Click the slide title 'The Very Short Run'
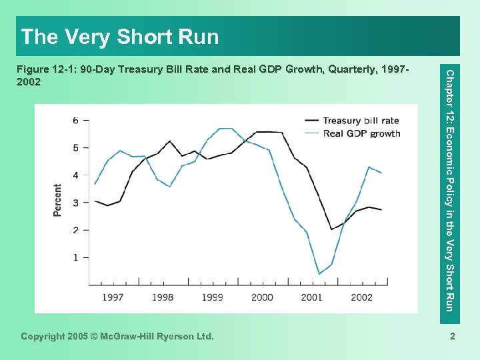120,37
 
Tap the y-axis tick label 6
75,120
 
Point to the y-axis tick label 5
75,147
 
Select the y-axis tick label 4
75,175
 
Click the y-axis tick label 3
75,202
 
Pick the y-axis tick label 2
75,230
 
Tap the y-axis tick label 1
75,257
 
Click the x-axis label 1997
113,297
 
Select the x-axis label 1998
163,297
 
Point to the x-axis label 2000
262,297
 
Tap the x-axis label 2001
312,297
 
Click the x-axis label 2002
361,297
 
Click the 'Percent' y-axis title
58,199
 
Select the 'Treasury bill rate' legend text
361,121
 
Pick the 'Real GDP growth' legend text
361,133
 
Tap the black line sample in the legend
311,121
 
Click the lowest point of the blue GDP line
319,274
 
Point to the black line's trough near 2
331,229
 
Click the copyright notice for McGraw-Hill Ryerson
117,337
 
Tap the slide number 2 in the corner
452,337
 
